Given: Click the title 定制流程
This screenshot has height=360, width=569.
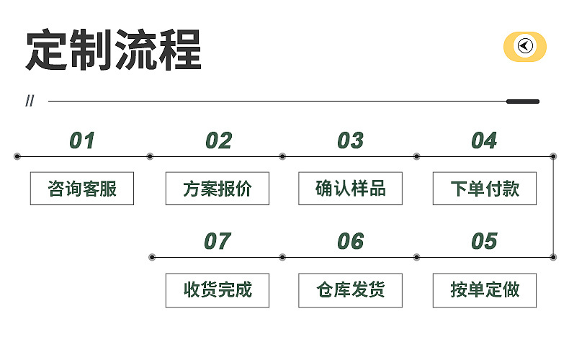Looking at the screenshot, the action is tap(113, 50).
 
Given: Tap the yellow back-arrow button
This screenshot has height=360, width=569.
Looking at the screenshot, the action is tap(524, 47).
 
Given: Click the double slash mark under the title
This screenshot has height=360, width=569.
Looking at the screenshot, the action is tap(30, 101).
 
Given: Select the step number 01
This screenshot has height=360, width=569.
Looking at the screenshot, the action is tap(82, 140).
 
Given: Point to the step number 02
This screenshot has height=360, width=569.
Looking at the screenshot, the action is tap(218, 140).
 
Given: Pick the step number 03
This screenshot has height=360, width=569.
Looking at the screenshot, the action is tap(350, 140).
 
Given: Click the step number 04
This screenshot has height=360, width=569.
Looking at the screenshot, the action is tap(484, 140).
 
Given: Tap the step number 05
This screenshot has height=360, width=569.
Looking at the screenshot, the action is tap(484, 241).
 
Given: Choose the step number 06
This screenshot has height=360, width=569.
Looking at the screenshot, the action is tap(350, 241).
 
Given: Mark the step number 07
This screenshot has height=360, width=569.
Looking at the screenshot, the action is tap(218, 241).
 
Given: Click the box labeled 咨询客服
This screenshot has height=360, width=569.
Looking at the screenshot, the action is tap(82, 189).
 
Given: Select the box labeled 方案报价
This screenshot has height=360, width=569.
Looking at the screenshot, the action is tap(217, 189).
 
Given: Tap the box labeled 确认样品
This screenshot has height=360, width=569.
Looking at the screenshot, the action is tap(350, 189).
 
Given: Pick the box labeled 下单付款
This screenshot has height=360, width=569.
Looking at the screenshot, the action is tap(484, 189).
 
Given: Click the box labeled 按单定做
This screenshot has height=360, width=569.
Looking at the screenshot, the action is tap(484, 290).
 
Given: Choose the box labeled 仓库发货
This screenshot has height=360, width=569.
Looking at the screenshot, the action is tap(350, 290).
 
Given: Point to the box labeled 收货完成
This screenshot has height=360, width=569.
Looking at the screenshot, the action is tap(217, 290).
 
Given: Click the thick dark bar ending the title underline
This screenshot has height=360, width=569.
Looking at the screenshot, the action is tap(523, 102).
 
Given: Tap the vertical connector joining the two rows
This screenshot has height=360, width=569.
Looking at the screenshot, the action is tap(553, 206).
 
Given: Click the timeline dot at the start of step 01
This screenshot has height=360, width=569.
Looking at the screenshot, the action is tap(17, 156).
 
